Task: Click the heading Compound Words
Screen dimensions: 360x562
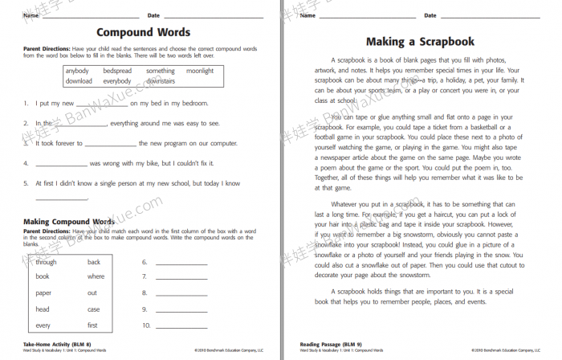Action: coord(144,33)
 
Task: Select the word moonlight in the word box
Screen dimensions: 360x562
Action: coord(200,71)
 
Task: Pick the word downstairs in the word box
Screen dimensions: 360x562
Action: coord(161,81)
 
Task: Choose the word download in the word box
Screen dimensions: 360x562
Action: coord(79,81)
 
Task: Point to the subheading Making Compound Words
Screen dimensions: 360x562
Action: coord(68,221)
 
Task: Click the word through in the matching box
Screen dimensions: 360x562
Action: coord(46,262)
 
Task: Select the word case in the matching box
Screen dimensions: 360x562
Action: coord(94,309)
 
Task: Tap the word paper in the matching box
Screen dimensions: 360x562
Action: coord(43,293)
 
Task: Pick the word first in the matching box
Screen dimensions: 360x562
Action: coord(93,325)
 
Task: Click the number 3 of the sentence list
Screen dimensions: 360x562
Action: coord(26,143)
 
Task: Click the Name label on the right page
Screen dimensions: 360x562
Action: coord(306,15)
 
